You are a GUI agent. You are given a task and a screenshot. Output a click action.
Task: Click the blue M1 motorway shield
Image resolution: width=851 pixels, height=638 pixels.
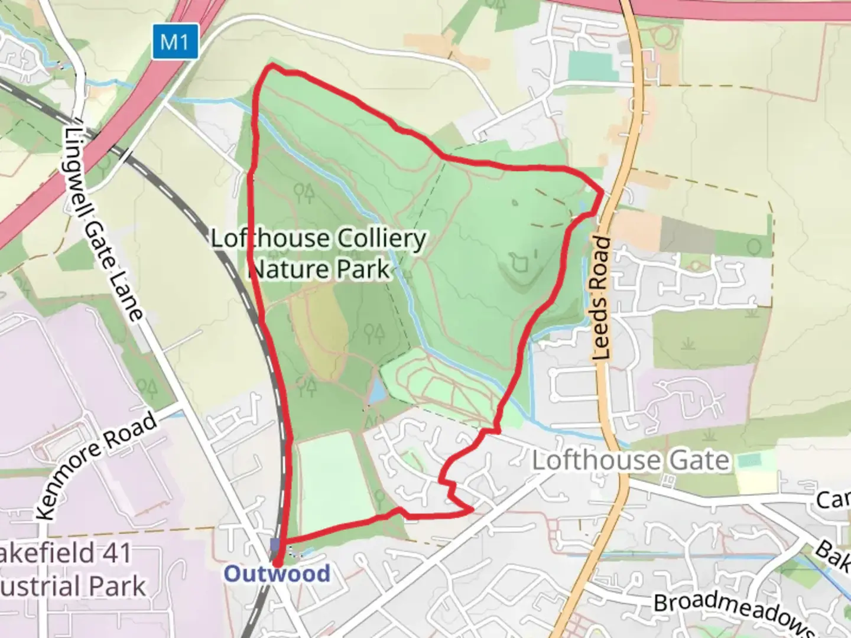coord(175,42)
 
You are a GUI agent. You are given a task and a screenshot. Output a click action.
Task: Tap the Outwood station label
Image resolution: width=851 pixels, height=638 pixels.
coord(277,574)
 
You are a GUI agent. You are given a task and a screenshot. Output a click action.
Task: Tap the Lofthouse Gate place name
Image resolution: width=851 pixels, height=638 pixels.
coord(631,460)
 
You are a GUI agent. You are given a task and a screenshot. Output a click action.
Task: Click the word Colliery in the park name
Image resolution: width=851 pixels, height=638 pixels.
coord(381,239)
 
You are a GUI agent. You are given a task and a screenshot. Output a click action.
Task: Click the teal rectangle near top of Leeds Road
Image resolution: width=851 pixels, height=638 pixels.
coord(592,64)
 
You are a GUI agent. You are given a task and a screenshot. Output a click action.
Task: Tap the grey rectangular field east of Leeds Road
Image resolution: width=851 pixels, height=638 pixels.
coord(687,234)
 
